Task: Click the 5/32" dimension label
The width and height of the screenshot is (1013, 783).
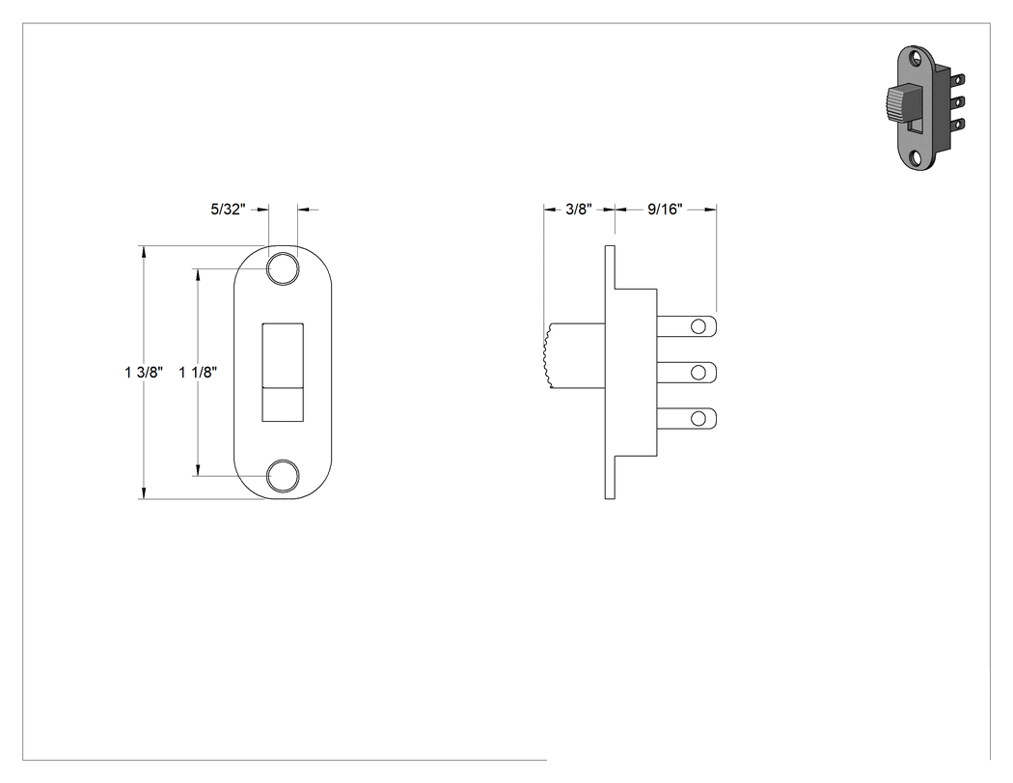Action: (x=228, y=210)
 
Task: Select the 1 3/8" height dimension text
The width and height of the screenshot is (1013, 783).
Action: (x=144, y=373)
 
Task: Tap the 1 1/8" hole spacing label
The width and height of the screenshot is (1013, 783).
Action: (x=198, y=373)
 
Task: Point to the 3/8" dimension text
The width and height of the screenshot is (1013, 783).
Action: (x=579, y=210)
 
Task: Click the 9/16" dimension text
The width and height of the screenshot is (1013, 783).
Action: (x=665, y=210)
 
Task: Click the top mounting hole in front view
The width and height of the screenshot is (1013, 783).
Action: (x=283, y=269)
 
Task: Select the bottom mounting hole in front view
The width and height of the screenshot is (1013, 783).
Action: (x=283, y=476)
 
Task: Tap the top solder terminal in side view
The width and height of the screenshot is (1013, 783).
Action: (x=687, y=326)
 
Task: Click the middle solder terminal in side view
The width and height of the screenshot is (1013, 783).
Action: (x=687, y=373)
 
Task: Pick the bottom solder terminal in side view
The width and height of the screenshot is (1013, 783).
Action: (x=687, y=418)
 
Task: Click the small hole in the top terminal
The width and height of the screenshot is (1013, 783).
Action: (x=698, y=326)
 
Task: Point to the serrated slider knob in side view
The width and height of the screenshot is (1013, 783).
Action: (x=574, y=357)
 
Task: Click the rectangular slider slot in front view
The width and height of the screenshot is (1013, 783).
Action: (x=283, y=373)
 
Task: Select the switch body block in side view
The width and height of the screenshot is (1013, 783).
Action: (x=636, y=373)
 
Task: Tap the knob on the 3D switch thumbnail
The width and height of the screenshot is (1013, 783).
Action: (x=896, y=104)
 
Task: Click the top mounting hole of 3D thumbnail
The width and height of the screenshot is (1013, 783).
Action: (x=917, y=60)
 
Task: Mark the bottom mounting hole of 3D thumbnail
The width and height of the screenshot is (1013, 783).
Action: (x=917, y=158)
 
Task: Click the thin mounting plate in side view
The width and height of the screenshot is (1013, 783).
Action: (x=610, y=373)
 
